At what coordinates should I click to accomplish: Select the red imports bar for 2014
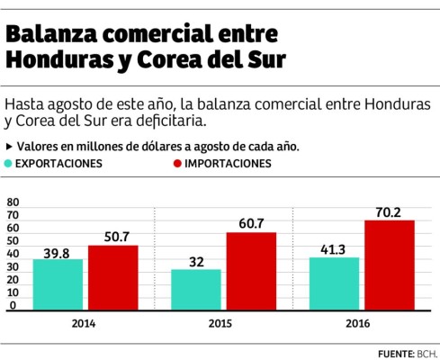click(112, 278)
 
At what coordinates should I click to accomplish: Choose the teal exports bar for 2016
click(334, 284)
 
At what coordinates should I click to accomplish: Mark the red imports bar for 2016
click(389, 265)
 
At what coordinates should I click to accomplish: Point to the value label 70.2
click(389, 212)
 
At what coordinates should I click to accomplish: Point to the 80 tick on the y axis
click(12, 203)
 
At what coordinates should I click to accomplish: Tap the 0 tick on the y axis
click(12, 306)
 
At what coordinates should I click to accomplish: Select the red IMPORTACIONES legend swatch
click(177, 165)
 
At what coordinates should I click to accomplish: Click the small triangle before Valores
click(9, 145)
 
